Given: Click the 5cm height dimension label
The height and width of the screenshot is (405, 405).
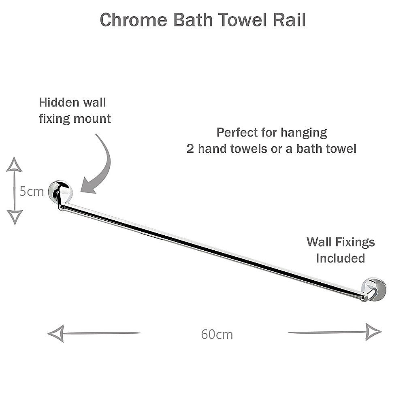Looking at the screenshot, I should [32, 191].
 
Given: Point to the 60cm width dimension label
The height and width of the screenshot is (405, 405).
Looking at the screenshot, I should [217, 335].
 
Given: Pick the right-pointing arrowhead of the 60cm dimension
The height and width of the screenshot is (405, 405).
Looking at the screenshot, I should [373, 332].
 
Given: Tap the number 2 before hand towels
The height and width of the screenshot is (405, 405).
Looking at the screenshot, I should [190, 149].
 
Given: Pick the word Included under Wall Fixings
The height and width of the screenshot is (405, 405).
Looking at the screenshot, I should [340, 258].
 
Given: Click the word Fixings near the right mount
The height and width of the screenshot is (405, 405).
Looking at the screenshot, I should [354, 242].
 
